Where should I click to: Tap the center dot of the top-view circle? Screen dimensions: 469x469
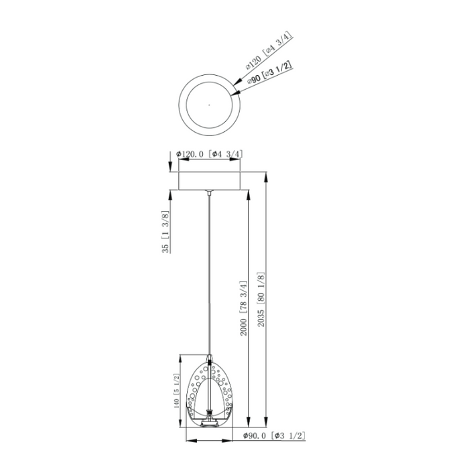click(x=209, y=105)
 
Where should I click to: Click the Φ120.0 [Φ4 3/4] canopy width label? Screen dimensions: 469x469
click(x=209, y=154)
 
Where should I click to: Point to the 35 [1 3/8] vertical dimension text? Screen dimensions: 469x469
click(x=165, y=232)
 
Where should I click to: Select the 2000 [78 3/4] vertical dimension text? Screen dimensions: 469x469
click(x=244, y=308)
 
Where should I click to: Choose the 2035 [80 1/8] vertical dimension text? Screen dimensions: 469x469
click(x=261, y=299)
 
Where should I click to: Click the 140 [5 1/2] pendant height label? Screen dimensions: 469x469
click(x=176, y=391)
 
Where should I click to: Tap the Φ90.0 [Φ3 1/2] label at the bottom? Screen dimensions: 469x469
click(x=274, y=435)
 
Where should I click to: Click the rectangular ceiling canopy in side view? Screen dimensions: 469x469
click(x=209, y=181)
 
